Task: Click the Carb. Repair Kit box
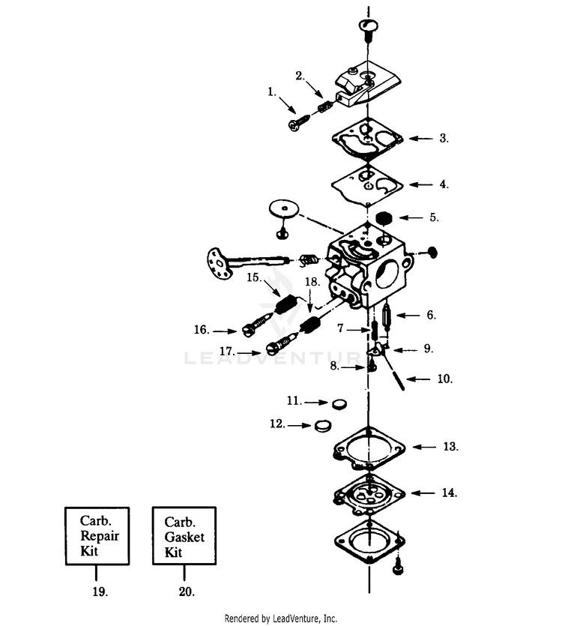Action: point(97,536)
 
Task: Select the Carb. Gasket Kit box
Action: point(184,536)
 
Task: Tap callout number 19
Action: point(100,592)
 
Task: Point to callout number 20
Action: point(187,592)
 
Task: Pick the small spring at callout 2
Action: point(324,107)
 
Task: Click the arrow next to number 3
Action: point(420,139)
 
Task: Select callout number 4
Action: point(444,184)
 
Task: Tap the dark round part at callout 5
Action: point(384,218)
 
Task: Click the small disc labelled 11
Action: point(339,403)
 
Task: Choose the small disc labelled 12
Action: point(323,426)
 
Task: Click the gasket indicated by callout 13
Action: point(369,448)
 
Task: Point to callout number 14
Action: point(450,493)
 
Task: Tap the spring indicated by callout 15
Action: point(286,305)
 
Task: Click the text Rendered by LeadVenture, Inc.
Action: point(280,619)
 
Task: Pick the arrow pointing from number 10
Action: point(418,379)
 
